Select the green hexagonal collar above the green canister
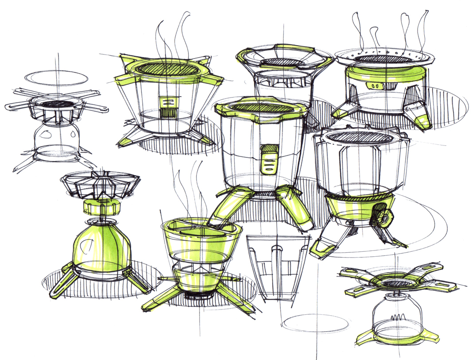[100, 207]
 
